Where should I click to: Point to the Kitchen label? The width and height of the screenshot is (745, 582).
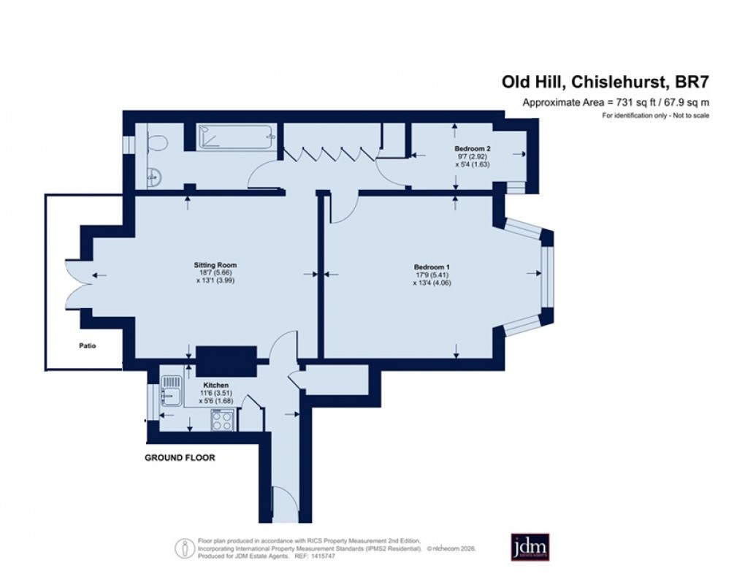(x=216, y=385)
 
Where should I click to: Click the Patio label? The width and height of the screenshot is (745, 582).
(x=88, y=346)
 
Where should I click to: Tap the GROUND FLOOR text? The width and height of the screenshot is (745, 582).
(x=180, y=458)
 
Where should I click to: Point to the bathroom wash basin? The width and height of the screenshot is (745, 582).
(x=152, y=175)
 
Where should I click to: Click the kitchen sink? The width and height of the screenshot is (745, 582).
(x=171, y=389)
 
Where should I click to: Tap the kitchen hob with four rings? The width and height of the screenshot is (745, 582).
(x=223, y=419)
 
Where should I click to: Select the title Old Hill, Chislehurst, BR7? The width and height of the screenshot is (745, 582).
(x=605, y=83)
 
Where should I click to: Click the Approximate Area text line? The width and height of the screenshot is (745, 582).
(x=616, y=103)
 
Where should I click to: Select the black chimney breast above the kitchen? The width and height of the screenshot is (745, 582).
(x=227, y=359)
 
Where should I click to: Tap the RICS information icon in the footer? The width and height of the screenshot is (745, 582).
(x=185, y=547)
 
